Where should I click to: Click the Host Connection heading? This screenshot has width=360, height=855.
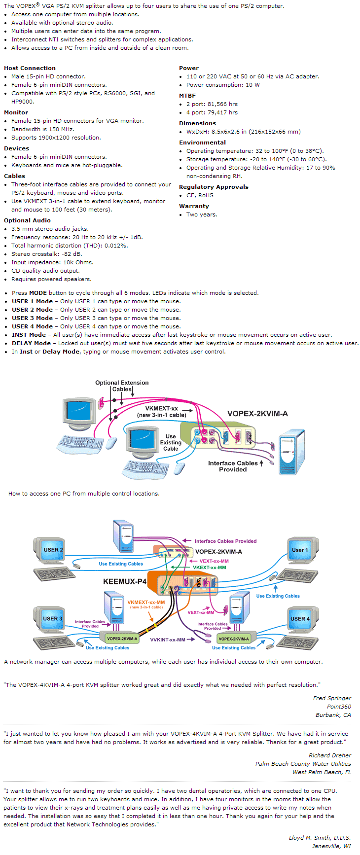[x=30, y=68]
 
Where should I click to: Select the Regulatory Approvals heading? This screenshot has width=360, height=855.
[x=214, y=187]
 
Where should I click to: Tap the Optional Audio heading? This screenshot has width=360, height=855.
[x=27, y=220]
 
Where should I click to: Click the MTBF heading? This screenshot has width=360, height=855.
[x=187, y=96]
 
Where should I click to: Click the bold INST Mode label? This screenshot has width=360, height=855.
[x=29, y=335]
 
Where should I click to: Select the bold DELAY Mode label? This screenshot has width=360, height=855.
[x=31, y=343]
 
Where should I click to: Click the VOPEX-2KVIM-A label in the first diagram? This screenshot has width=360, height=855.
[x=257, y=414]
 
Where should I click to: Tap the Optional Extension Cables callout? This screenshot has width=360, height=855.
[x=122, y=386]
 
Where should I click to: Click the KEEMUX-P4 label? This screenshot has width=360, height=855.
[x=125, y=581]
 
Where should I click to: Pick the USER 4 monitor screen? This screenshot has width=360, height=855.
[x=300, y=618]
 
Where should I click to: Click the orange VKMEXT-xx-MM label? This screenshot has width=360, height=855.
[x=146, y=602]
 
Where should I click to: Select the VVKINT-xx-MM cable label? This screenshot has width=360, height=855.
[x=168, y=640]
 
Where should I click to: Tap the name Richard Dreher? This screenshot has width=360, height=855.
[x=330, y=755]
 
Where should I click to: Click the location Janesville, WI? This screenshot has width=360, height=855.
[x=331, y=846]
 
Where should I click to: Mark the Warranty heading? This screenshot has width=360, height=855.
[x=194, y=206]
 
